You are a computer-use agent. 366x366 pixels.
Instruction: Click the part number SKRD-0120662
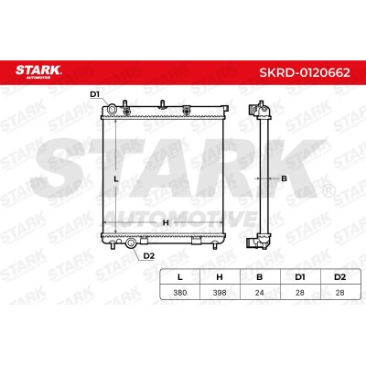pyautogui.click(x=305, y=72)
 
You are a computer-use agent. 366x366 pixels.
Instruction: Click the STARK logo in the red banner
pyautogui.click(x=38, y=71)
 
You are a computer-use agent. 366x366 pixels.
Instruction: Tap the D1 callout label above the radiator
pyautogui.click(x=95, y=95)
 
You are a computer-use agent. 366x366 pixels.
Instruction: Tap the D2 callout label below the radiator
pyautogui.click(x=149, y=256)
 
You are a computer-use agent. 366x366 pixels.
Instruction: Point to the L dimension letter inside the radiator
pyautogui.click(x=116, y=179)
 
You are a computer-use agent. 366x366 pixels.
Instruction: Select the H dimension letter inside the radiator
pyautogui.click(x=166, y=223)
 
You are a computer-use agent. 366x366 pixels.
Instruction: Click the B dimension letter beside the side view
pyautogui.click(x=284, y=178)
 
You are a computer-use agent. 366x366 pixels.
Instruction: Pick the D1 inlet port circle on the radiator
pyautogui.click(x=112, y=109)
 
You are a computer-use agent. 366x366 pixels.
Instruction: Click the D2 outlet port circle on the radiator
pyautogui.click(x=131, y=243)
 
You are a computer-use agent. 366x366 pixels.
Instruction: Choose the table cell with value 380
pyautogui.click(x=180, y=292)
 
